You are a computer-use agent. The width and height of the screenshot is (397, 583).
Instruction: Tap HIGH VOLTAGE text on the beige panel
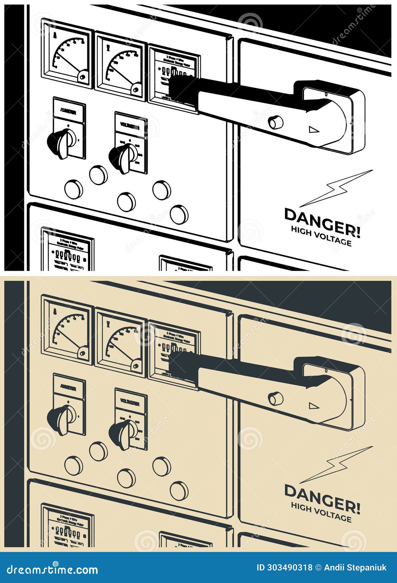point(321,512)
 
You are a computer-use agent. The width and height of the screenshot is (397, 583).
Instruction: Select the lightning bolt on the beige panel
point(338,464)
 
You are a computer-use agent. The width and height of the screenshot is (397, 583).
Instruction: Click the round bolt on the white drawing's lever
point(275,122)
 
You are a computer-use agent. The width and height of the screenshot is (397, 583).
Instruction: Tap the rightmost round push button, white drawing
point(179,214)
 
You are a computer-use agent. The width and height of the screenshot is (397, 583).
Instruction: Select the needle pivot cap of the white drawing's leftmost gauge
point(83,77)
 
